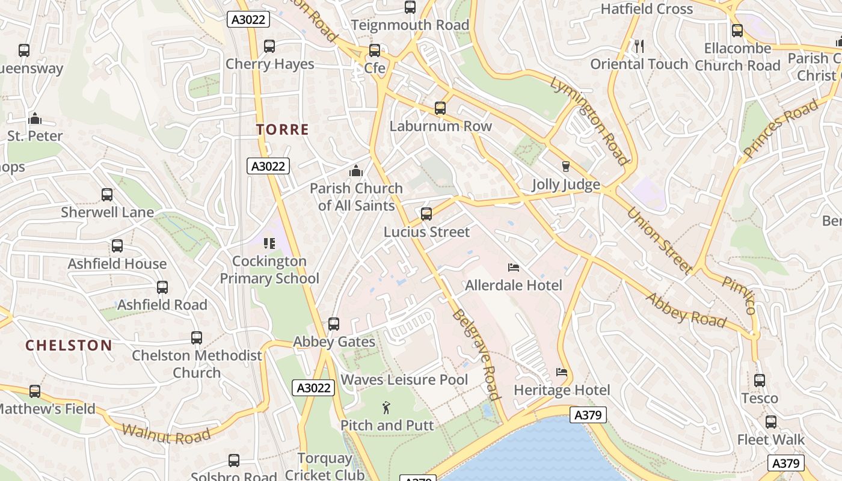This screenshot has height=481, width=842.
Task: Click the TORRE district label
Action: coord(282,129)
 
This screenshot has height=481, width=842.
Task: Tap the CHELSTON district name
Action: coord(69,345)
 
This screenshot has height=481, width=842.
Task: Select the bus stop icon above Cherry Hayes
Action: coord(269,46)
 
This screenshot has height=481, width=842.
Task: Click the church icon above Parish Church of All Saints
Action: coord(356,171)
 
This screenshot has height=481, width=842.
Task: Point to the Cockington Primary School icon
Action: coord(269,244)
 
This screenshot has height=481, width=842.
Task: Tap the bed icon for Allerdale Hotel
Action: coord(514,268)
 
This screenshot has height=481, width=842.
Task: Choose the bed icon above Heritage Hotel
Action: coord(562,373)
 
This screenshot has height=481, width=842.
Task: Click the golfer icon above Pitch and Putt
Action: coord(386,408)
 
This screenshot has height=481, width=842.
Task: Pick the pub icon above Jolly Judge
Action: coord(565,167)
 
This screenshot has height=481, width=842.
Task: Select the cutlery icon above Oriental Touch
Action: coord(639,46)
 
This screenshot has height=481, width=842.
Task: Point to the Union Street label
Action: coord(659,240)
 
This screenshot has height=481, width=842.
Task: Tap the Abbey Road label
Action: coord(686,309)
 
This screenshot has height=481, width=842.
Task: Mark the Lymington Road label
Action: coord(589,120)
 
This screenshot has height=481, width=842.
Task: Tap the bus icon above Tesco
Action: coord(760,381)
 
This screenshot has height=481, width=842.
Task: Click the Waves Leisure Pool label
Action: coord(404,380)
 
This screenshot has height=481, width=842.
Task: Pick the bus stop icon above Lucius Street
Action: coord(426,214)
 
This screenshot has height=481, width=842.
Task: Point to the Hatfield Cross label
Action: coord(647,9)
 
